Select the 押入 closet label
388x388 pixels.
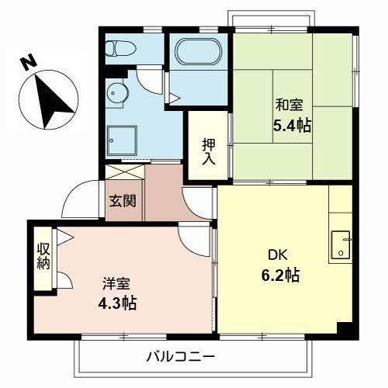[x=209, y=151]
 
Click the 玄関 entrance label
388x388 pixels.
[x=123, y=201]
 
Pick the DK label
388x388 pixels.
[x=278, y=254]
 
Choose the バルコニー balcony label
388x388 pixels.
[x=180, y=357]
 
